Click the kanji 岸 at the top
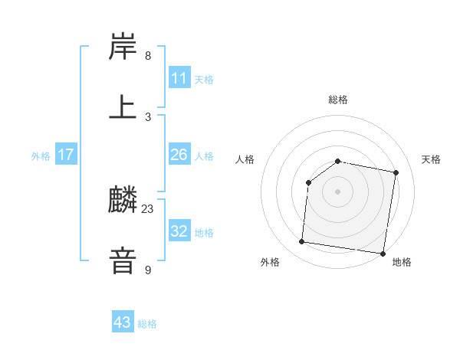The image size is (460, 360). coord(123,47)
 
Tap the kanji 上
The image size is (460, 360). coord(123,106)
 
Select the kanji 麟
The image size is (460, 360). coord(123,200)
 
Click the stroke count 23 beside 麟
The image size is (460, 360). coord(148,208)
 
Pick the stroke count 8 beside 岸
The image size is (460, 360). coord(148,56)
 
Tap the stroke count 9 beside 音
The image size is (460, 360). coord(148,269)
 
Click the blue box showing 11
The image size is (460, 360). coord(179,78)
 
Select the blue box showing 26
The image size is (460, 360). coord(179,155)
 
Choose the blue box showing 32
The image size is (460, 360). coord(179,231)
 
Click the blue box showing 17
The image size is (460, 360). coord(66,155)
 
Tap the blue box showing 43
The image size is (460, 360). coord(123,322)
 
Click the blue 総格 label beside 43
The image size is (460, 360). coord(147,324)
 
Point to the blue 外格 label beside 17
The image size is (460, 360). coord(41,156)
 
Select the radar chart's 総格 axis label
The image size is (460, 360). coord(338,100)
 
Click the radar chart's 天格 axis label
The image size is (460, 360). coord(432,159)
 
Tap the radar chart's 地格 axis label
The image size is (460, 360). coord(402,262)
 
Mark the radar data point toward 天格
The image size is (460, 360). coord(396,173)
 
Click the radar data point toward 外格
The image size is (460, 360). coord(302,242)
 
